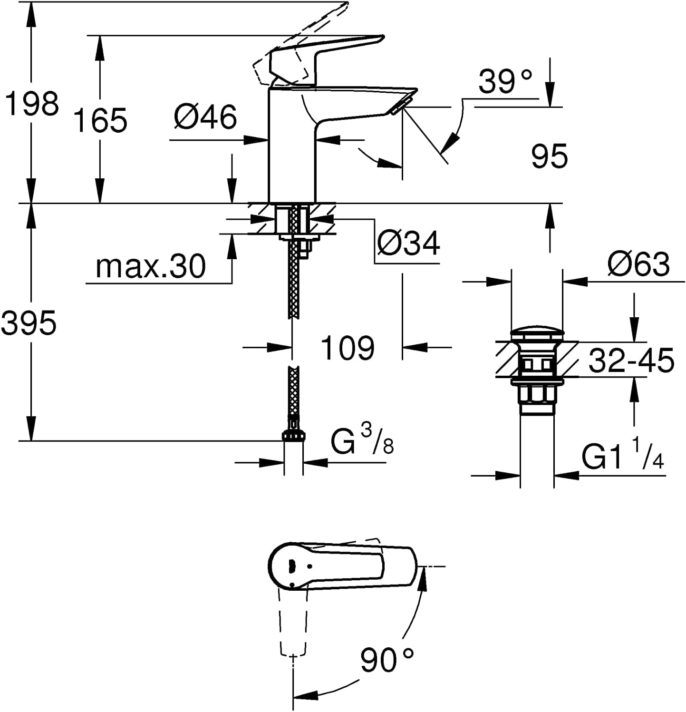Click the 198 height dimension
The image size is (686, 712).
pos(32,104)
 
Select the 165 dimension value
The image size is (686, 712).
pos(101,120)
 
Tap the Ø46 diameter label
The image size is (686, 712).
pos(205,117)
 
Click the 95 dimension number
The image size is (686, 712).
pos(550,156)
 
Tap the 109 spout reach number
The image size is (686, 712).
pos(348,348)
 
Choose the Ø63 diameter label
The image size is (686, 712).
pos(638,264)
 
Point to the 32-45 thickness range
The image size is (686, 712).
pos(631,360)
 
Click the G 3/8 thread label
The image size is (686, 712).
pos(362,442)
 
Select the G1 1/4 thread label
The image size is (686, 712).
pos(623,455)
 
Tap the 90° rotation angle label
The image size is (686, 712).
pos(386,660)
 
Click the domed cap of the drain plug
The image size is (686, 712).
pos(536,333)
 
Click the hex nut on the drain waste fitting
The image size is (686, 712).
pos(537,394)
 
